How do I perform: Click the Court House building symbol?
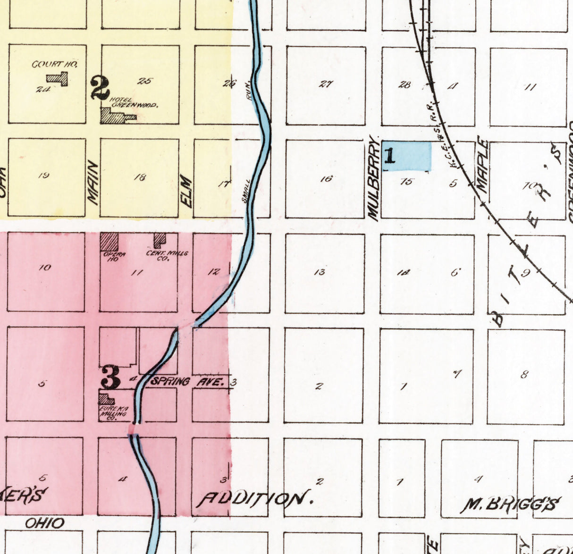click(59, 78)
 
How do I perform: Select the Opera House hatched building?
click(109, 242)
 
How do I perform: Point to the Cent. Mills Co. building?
click(160, 240)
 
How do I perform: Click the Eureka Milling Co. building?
click(106, 399)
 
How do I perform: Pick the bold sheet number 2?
click(100, 88)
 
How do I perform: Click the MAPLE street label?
click(482, 164)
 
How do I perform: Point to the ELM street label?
click(187, 192)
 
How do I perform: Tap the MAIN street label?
click(93, 183)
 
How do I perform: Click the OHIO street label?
click(44, 523)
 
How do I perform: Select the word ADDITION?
click(255, 499)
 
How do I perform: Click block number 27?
click(326, 84)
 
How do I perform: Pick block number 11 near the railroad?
click(530, 87)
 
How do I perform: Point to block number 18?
click(140, 177)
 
